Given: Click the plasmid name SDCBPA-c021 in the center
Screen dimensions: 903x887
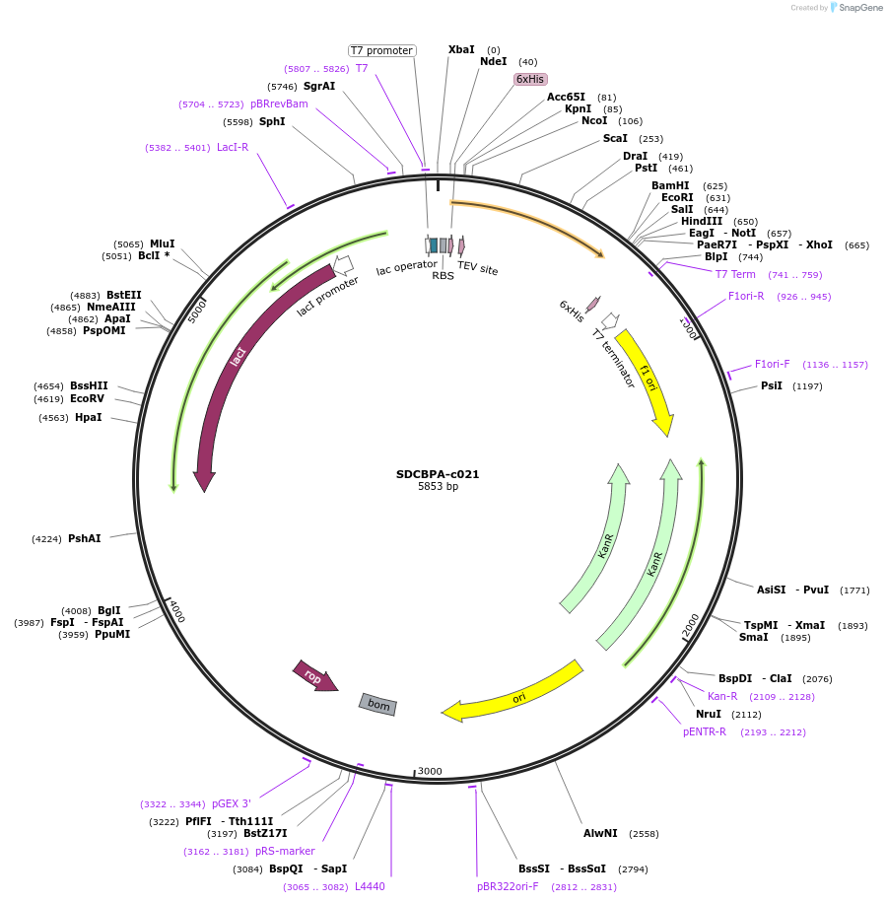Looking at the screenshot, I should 438,474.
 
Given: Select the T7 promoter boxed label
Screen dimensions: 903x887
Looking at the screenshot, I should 381,50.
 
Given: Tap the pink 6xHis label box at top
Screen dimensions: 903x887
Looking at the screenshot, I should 529,79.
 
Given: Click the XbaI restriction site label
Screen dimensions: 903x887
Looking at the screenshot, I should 461,49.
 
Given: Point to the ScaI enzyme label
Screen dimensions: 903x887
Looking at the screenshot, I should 615,138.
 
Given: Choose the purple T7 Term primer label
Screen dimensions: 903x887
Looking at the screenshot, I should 735,274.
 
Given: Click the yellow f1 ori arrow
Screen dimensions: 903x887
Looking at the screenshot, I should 648,380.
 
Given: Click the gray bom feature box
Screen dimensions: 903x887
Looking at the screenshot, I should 378,704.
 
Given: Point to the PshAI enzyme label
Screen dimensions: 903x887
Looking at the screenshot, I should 85,538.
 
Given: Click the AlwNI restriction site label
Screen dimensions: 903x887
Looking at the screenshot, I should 600,833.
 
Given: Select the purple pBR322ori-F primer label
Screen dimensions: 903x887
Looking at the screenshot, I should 509,886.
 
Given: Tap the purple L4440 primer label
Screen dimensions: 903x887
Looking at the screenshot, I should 370,886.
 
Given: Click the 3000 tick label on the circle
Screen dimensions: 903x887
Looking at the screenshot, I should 430,771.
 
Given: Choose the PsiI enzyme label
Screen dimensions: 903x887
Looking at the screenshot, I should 772,385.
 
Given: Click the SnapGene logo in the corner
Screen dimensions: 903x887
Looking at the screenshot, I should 853,8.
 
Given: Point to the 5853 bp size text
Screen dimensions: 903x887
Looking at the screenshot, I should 438,487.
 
